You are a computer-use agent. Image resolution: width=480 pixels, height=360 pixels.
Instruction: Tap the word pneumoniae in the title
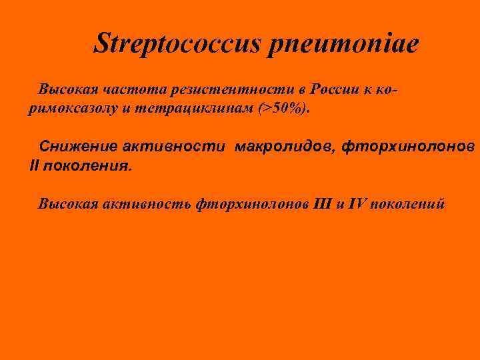click(344, 44)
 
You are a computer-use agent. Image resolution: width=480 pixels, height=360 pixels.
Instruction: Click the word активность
click(147, 203)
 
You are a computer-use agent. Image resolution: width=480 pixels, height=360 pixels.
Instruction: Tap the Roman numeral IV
click(357, 203)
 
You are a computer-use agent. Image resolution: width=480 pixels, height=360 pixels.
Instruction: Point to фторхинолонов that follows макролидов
click(409, 146)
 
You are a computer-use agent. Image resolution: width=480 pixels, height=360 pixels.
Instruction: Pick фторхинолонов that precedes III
click(253, 203)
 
